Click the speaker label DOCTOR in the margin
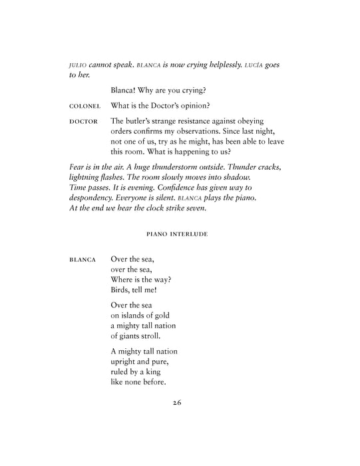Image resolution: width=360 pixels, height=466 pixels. (x=84, y=122)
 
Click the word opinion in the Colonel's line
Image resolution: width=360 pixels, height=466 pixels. (x=217, y=106)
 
